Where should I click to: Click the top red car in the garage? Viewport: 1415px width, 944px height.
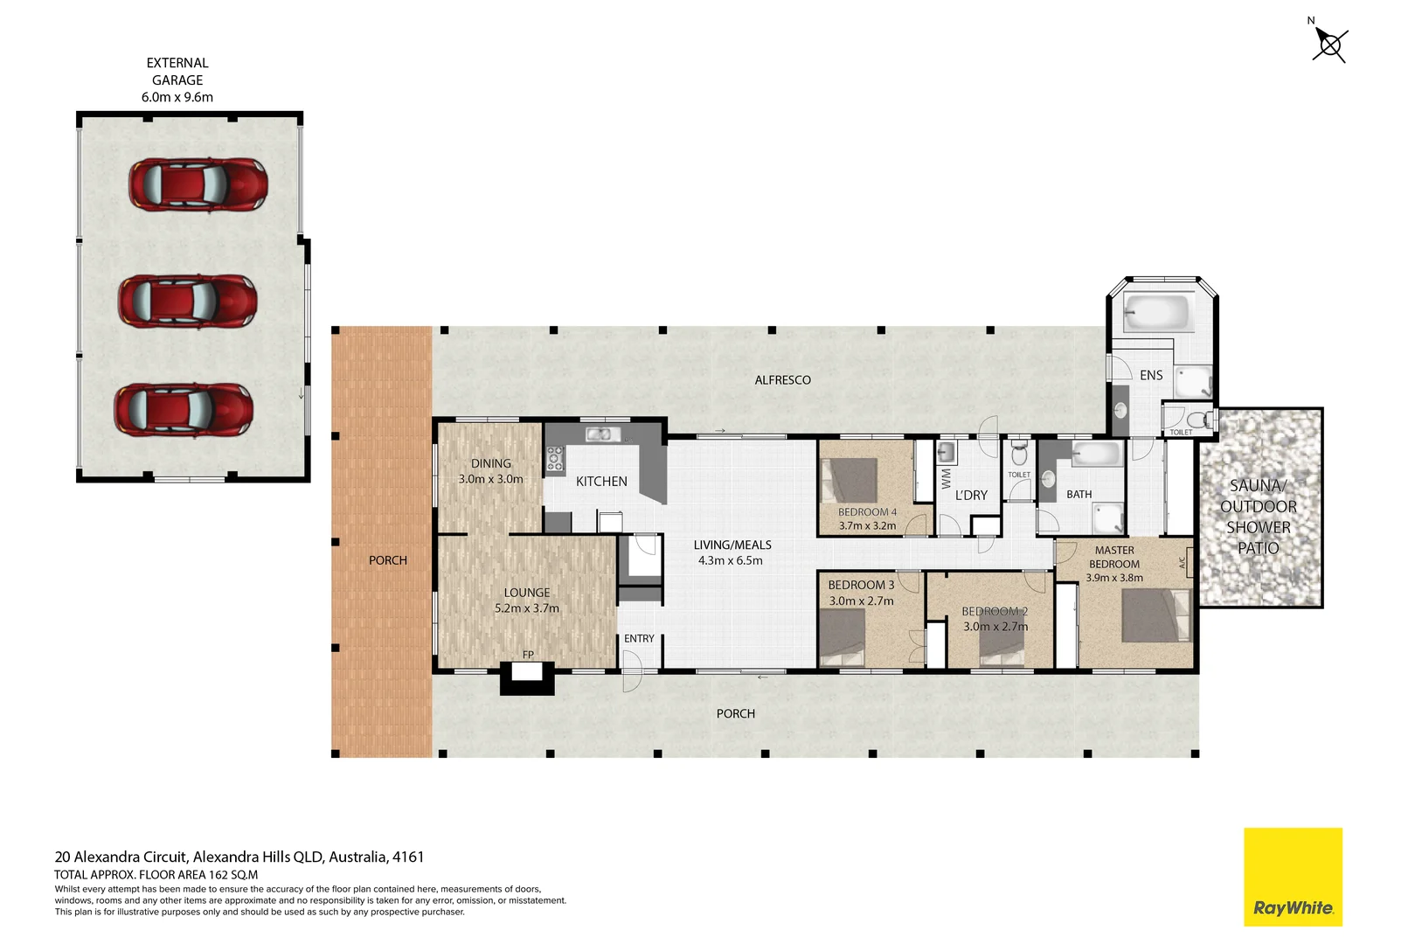[x=198, y=184]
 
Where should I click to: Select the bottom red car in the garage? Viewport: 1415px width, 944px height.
[x=184, y=410]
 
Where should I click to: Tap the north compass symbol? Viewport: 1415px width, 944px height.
[x=1329, y=44]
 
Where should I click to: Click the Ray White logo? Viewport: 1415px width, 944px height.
[x=1293, y=877]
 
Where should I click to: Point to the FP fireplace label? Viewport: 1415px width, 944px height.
[x=528, y=655]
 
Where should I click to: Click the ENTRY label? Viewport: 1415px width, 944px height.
[x=639, y=639]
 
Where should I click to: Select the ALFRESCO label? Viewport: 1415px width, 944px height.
[x=782, y=380]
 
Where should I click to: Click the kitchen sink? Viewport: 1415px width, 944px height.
[x=603, y=434]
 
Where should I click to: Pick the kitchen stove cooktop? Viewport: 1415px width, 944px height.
[x=555, y=459]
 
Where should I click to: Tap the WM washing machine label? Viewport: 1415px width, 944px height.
[x=946, y=478]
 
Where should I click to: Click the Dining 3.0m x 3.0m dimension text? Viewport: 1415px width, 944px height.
[x=490, y=479]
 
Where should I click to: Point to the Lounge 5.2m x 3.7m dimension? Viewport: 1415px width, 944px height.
[x=526, y=608]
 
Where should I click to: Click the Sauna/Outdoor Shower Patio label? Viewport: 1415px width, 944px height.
[x=1259, y=517]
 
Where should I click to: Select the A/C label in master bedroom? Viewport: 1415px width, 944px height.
[x=1183, y=563]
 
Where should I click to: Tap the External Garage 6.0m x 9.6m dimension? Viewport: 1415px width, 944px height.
[x=177, y=97]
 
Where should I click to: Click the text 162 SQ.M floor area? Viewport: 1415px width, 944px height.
[x=232, y=874]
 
